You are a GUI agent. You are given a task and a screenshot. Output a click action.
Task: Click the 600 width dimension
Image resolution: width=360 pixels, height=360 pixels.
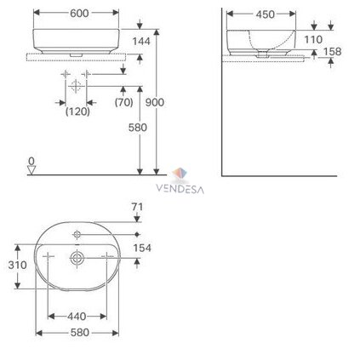point(79,13)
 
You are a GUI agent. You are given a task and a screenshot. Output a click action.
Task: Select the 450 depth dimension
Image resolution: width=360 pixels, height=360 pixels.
point(266,14)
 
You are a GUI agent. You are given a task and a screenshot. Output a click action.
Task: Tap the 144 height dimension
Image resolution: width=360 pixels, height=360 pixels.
point(141,42)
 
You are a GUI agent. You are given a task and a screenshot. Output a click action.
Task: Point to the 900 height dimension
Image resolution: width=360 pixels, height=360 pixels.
point(155,102)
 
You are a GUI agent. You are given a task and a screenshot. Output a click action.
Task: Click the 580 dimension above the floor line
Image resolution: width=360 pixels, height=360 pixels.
point(138,128)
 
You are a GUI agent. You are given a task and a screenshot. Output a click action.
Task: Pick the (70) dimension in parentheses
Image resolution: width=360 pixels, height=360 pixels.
point(124,102)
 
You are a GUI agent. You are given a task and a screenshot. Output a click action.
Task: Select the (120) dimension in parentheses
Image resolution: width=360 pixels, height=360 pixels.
point(77,111)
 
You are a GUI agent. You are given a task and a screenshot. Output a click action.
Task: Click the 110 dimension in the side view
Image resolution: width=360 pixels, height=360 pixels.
point(313,40)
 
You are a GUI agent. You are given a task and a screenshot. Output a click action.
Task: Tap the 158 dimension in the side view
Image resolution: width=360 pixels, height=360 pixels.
point(332,52)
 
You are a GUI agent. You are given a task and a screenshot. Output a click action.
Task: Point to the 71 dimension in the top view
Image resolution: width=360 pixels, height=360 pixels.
point(137,207)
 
